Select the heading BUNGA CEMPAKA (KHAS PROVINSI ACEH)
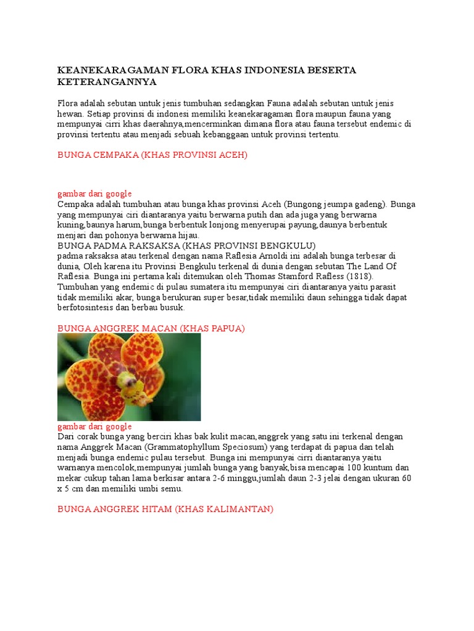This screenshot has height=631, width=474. click(152, 155)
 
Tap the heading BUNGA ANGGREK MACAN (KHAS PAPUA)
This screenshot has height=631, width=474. click(151, 328)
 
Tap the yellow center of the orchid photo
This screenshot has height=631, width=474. click(129, 382)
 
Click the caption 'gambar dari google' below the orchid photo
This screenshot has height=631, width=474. click(94, 426)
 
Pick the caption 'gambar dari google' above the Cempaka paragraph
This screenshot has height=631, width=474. click(94, 193)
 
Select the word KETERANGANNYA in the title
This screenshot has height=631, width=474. click(107, 82)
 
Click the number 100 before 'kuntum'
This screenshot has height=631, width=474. click(354, 468)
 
